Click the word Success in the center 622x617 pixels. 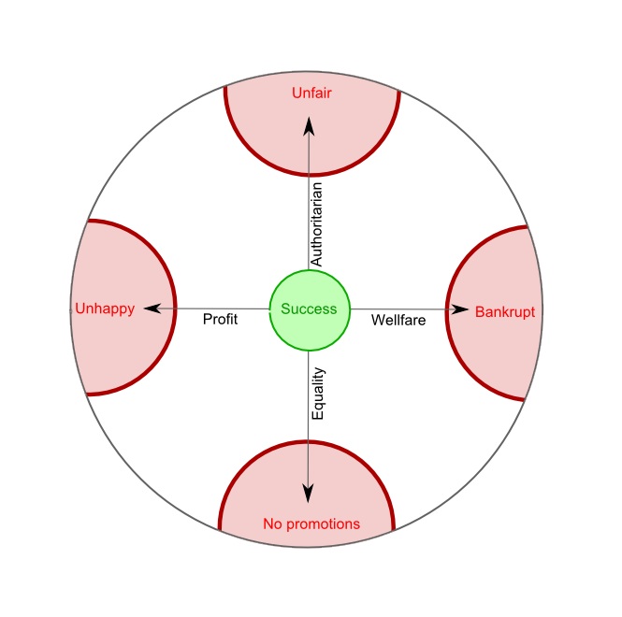click(x=310, y=309)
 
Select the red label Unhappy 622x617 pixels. click(x=104, y=308)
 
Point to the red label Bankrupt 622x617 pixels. click(x=505, y=311)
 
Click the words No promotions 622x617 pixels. click(x=311, y=524)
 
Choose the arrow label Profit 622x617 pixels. click(x=221, y=320)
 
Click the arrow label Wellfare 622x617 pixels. click(x=398, y=320)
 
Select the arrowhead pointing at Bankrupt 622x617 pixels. click(x=460, y=308)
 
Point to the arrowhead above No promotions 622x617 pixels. click(x=310, y=493)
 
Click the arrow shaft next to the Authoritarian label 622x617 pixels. click(x=310, y=215)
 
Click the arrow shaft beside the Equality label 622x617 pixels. click(x=310, y=402)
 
